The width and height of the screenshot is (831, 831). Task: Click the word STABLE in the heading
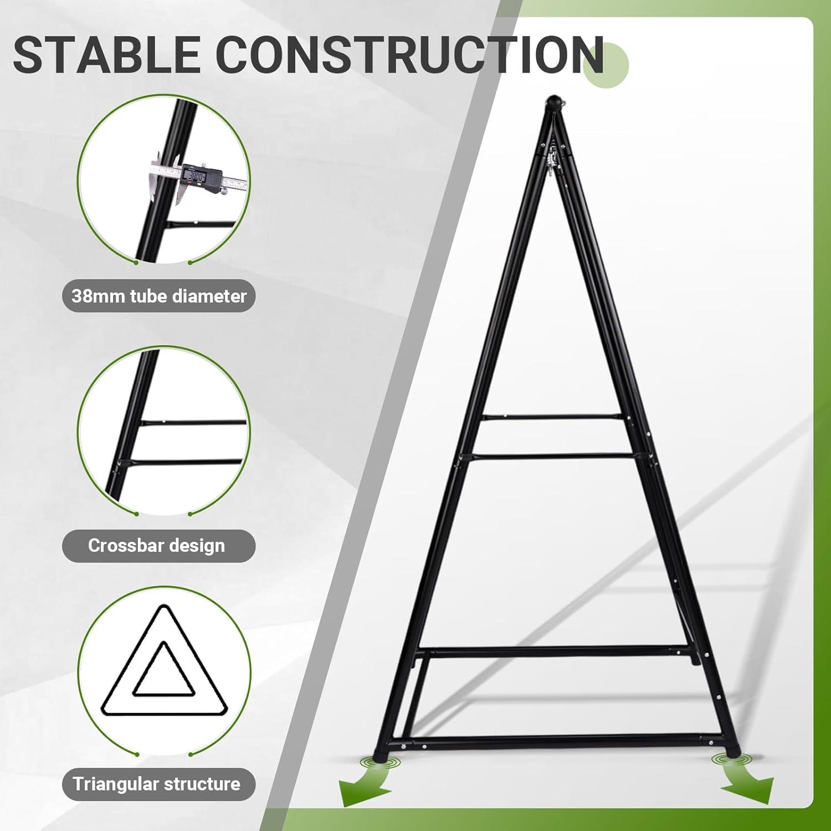[106, 54]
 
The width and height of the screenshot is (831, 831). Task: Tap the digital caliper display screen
[196, 177]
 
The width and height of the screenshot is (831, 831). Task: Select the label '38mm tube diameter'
[159, 296]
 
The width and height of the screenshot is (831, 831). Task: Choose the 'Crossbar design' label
[157, 546]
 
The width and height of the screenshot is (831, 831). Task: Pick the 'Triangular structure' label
[157, 784]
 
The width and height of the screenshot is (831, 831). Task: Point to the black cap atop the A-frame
[555, 103]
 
